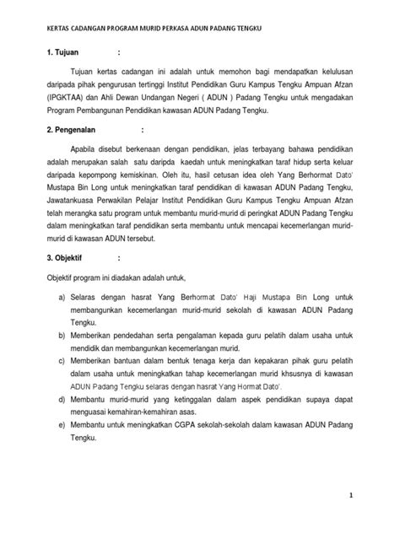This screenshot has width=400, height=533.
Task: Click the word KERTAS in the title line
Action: (48, 29)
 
